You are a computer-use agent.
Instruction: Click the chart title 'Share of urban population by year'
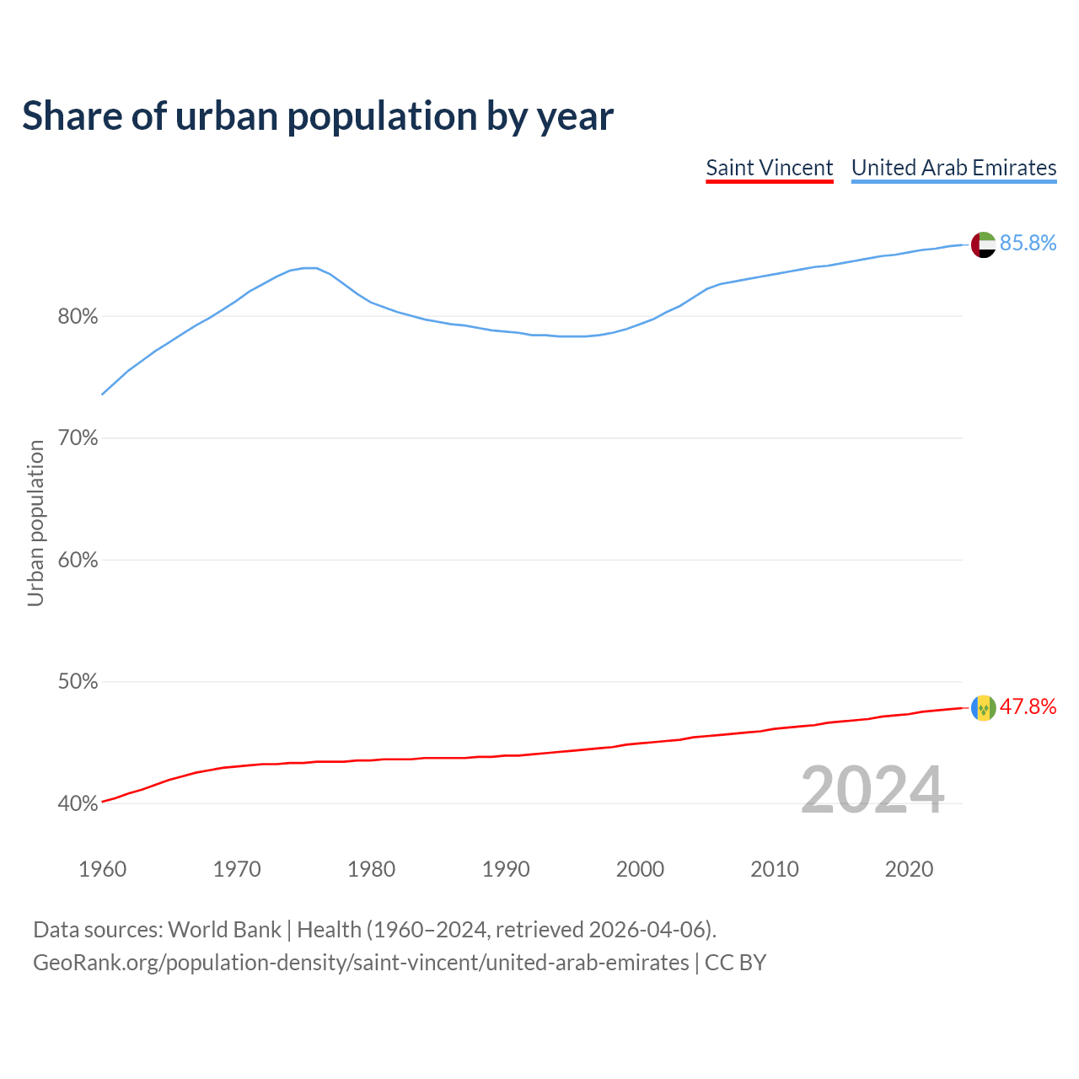pos(318,116)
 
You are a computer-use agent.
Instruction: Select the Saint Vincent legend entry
pos(769,168)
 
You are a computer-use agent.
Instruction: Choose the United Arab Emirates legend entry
pos(953,168)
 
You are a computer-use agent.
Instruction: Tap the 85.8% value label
pos(1028,244)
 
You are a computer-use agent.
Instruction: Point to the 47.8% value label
pos(1028,707)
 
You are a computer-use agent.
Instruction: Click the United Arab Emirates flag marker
pos(983,244)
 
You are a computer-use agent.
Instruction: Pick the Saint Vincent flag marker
pos(983,708)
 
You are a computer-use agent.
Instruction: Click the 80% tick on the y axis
pos(78,317)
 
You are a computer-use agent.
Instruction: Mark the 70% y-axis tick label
pos(78,438)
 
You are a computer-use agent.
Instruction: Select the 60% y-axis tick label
pos(78,561)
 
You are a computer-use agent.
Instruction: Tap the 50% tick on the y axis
pos(78,682)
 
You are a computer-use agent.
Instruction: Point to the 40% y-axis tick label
pos(78,804)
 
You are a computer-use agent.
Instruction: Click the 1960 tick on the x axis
pos(102,869)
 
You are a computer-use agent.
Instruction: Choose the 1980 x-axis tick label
pos(371,869)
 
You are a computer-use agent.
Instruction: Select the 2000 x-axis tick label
pos(640,869)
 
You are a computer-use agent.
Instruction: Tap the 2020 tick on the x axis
pos(909,869)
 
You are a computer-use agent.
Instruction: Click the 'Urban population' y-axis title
pos(35,523)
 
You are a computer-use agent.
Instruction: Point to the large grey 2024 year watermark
pos(872,791)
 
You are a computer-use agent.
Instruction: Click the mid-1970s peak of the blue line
pos(309,268)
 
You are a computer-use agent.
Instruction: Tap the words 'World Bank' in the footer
pos(224,930)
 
